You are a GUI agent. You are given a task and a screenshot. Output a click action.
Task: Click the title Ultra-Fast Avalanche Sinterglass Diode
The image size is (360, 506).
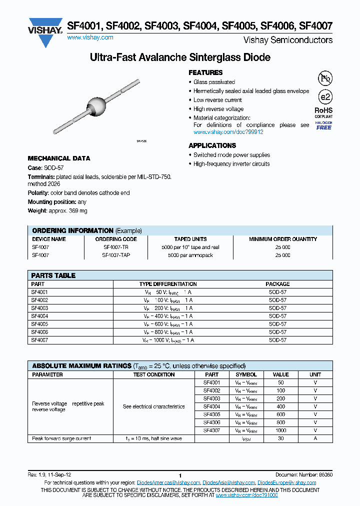pyautogui.click(x=180, y=57)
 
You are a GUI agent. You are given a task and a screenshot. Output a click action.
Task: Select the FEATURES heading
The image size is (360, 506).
pyautogui.click(x=205, y=72)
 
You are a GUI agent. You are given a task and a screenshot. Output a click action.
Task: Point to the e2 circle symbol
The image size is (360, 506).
pyautogui.click(x=325, y=97)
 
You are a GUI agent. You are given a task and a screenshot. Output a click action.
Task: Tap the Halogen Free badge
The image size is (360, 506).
pyautogui.click(x=324, y=125)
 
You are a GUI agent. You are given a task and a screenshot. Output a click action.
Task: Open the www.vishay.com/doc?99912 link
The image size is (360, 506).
pyautogui.click(x=228, y=132)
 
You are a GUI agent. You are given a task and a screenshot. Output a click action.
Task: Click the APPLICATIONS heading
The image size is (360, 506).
pyautogui.click(x=212, y=145)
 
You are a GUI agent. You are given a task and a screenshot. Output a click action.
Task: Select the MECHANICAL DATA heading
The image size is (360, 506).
pyautogui.click(x=59, y=158)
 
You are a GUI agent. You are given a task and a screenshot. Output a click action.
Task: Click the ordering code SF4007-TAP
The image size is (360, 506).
pyautogui.click(x=116, y=255)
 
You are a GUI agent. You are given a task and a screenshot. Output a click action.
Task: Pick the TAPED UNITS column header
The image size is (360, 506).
pyautogui.click(x=190, y=239)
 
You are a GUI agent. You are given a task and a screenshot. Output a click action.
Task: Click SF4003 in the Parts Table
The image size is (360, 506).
pyautogui.click(x=40, y=308)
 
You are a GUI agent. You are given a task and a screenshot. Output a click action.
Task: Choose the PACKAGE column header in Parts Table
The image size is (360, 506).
pyautogui.click(x=277, y=283)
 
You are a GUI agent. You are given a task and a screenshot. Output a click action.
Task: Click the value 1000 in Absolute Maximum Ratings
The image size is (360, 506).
pyautogui.click(x=280, y=430)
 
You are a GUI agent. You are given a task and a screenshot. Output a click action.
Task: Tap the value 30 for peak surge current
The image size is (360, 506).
pyautogui.click(x=280, y=438)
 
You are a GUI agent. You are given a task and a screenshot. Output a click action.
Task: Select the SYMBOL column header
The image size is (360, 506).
pyautogui.click(x=246, y=374)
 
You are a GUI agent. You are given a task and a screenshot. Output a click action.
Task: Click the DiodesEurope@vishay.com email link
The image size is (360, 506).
pyautogui.click(x=286, y=482)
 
